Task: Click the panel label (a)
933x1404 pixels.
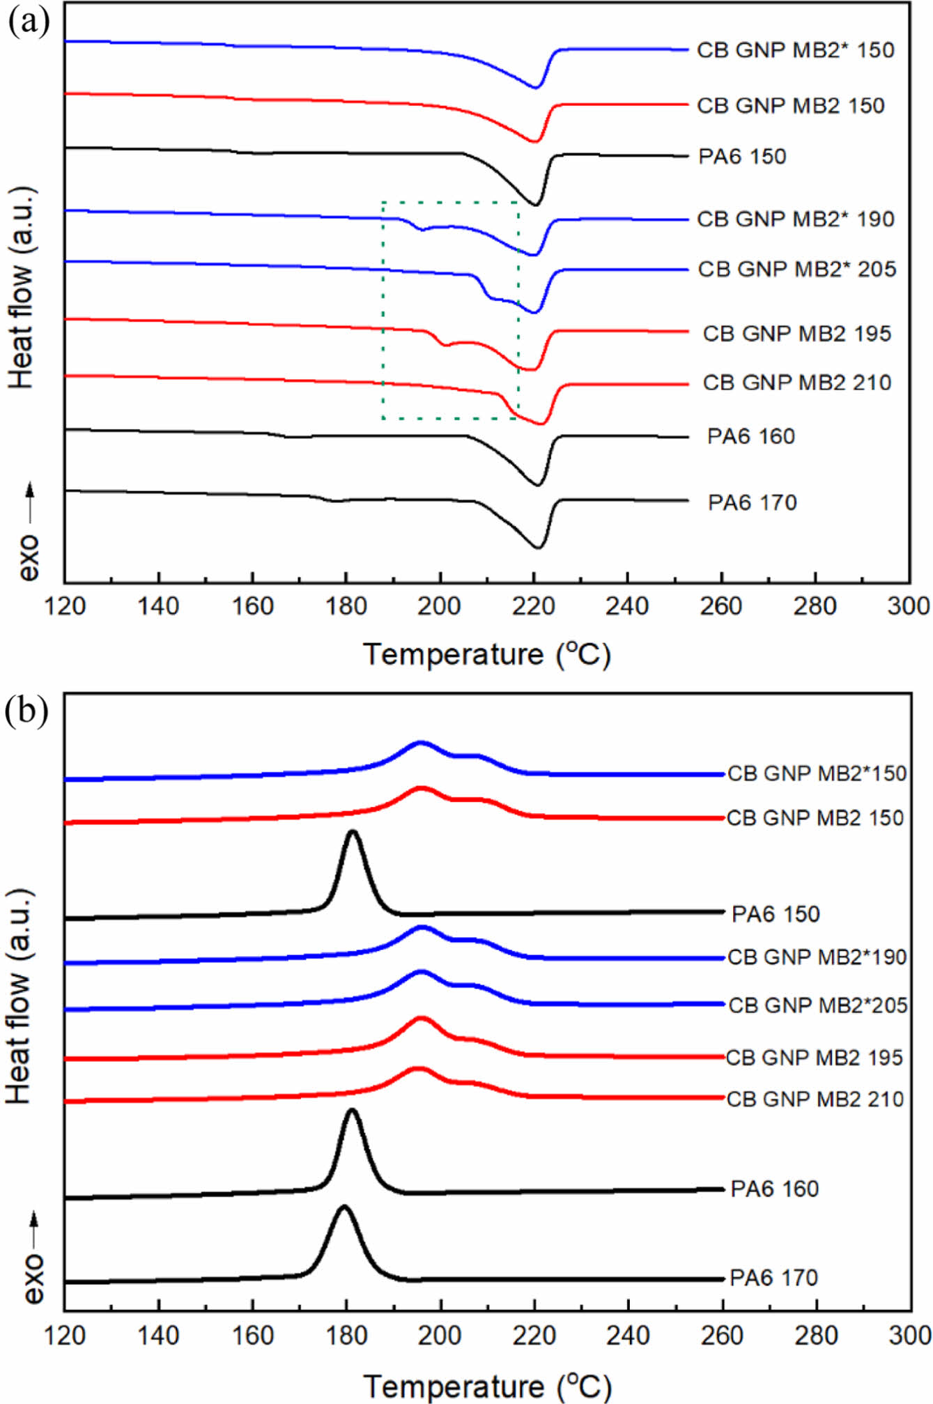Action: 29,22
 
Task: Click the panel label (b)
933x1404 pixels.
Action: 26,711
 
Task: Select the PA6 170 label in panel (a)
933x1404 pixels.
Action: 752,502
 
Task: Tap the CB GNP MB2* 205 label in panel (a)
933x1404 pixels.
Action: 796,269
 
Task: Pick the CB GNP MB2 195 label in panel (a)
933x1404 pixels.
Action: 796,334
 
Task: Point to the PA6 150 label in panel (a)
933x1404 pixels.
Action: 742,156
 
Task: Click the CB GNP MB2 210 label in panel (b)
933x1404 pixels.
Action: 815,1099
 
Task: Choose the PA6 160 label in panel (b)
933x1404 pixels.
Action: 774,1189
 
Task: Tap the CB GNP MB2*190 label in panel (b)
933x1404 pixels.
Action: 817,957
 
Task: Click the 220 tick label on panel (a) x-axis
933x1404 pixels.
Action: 534,606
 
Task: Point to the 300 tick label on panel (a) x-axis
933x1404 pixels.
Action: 909,606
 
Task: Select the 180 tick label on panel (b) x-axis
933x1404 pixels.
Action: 346,1335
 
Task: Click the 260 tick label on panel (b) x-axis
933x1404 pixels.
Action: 722,1335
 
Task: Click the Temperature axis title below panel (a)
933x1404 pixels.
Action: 486,654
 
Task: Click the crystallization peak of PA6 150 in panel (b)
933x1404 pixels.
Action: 353,832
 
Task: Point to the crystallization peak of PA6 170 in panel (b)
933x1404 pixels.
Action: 343,1207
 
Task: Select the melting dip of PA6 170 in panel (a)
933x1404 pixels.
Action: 538,548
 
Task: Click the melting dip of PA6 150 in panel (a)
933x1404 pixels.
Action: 535,205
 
